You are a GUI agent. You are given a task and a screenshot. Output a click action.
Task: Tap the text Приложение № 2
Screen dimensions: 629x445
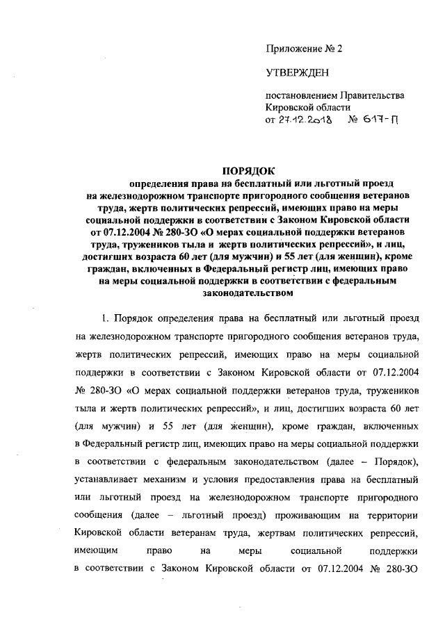[x=305, y=49]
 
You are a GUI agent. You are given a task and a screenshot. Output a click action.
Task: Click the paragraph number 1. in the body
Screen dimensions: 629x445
[x=106, y=318]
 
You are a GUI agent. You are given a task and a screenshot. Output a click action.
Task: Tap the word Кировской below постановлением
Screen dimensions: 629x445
[x=291, y=107]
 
